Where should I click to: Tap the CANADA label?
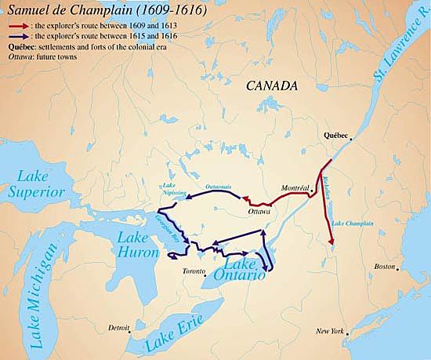270,85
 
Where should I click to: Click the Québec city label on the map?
335,135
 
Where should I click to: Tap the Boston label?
386,267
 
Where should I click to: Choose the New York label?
330,331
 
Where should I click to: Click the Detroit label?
119,327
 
